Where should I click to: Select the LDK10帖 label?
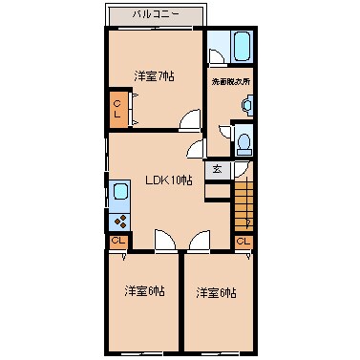tap(168, 181)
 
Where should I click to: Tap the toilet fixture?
tap(244, 143)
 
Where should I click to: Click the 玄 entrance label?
tap(218, 170)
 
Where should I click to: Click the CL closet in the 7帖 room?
tap(117, 109)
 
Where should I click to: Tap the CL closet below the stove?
tap(117, 242)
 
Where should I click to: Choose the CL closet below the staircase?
tap(242, 242)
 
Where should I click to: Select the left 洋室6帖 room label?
tap(144, 290)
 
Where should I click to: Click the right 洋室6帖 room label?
tap(217, 291)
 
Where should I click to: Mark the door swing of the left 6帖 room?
tap(163, 241)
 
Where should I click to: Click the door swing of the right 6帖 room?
tap(199, 241)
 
